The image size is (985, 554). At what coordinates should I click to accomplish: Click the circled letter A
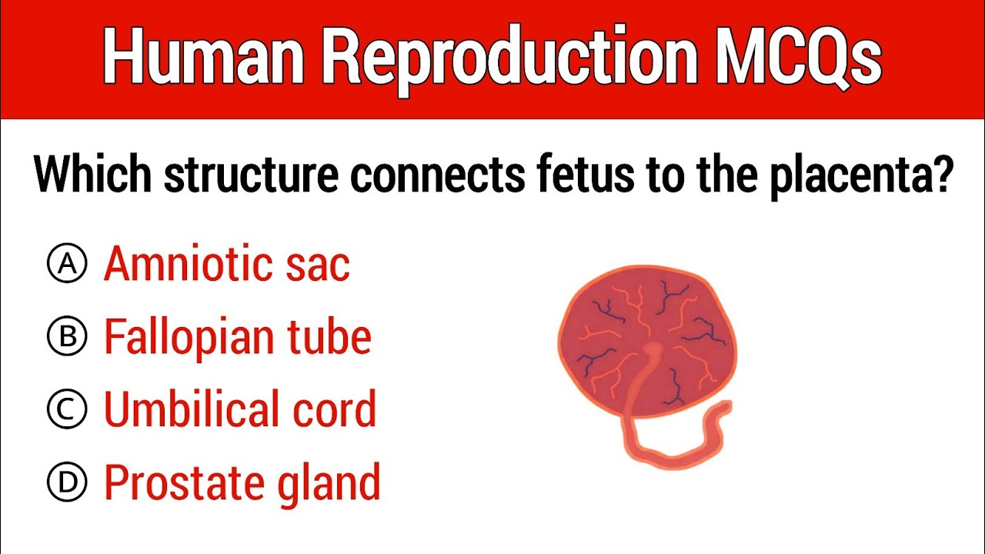67,265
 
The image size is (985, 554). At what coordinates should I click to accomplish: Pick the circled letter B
67,336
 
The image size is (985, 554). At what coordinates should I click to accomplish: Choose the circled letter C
67,409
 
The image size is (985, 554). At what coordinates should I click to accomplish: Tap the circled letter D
67,482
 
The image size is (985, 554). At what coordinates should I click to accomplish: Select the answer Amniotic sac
226,265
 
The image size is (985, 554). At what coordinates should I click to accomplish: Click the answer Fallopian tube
237,336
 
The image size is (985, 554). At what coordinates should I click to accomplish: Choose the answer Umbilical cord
240,409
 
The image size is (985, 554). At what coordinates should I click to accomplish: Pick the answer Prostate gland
242,482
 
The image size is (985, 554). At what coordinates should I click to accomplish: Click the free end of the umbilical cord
723,408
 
